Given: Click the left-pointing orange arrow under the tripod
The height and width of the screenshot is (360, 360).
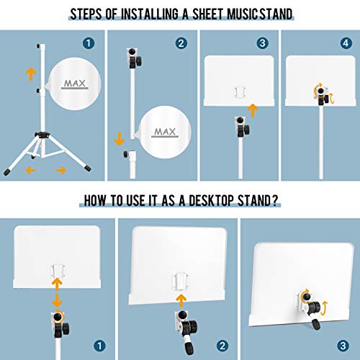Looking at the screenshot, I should coord(28,170).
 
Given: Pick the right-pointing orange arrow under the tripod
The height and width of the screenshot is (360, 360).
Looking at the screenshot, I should coord(61,170).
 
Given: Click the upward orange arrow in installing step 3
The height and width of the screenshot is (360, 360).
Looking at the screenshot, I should coord(253,111).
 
